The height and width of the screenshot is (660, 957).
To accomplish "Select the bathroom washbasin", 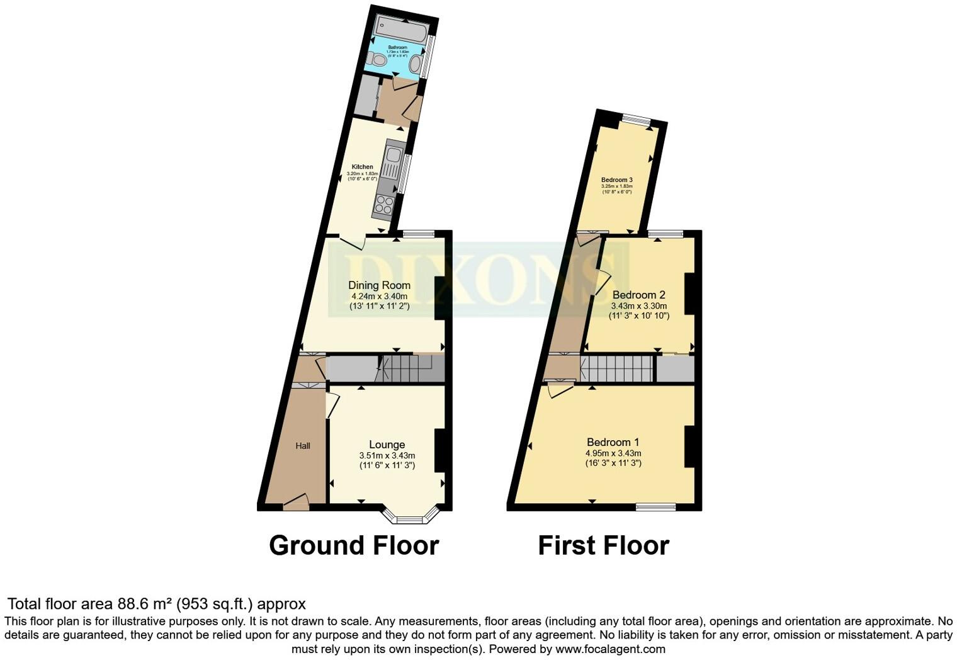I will [x=416, y=64].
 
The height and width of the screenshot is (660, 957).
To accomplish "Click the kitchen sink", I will [x=395, y=155].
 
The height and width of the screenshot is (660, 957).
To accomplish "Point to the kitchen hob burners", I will [x=384, y=204].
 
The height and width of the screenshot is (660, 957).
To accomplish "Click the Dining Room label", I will [x=379, y=285].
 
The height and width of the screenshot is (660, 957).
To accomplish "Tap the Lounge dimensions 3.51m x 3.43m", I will [x=387, y=455].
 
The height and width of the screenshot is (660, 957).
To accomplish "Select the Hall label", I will [x=303, y=446].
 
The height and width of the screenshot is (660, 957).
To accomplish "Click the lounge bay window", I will [x=411, y=518].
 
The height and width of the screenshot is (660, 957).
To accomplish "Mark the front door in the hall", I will [x=296, y=504].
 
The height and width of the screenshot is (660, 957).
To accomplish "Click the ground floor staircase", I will [x=403, y=368].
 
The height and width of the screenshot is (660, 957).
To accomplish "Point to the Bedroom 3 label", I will [x=616, y=179].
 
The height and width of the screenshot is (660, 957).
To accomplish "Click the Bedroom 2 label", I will [x=638, y=295].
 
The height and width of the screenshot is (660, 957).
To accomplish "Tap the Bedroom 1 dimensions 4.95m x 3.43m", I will [x=613, y=453].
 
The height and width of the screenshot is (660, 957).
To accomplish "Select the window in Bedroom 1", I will [x=655, y=506].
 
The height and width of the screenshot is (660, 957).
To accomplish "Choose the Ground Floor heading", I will [x=354, y=545].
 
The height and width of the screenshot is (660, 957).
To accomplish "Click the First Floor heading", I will [x=603, y=545].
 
